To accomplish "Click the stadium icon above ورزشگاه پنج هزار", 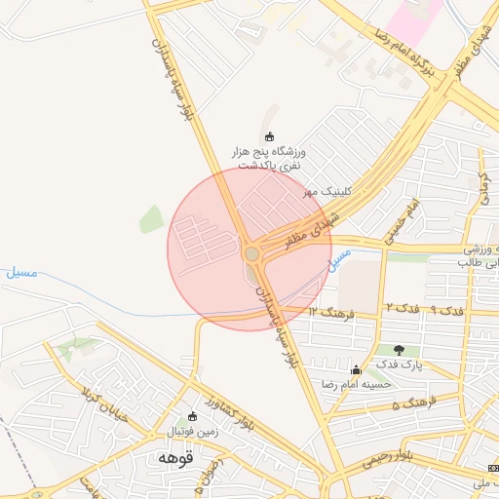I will pos(270,135).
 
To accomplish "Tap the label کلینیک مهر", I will pos(326,192).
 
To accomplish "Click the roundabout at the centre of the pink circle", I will pos(251,253).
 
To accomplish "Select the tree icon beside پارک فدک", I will pos(398,349).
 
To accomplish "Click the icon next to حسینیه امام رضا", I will pos(356,370).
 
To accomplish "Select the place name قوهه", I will pos(175,456).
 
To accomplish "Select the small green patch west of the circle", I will pos(151,219).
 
